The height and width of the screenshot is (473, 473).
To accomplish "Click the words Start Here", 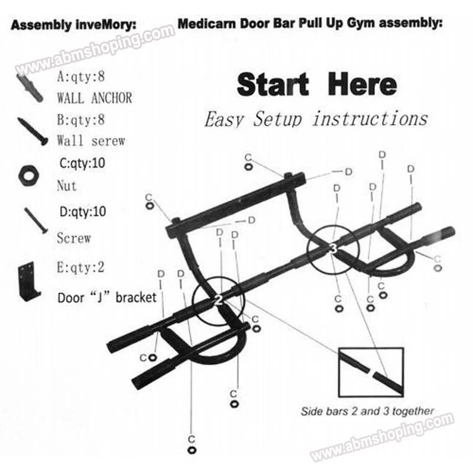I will tap(316, 85).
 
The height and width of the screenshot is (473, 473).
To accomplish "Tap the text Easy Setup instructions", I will tap(316, 119).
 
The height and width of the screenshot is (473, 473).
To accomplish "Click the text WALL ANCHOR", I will tap(94, 97).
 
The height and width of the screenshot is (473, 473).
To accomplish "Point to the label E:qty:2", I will tap(80, 267).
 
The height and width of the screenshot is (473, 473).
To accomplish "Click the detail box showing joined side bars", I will tap(371, 372).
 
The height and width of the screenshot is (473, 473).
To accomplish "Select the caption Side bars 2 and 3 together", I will tap(368, 411).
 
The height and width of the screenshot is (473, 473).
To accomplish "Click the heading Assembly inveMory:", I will tap(74, 25).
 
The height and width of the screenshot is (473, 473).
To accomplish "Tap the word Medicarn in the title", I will tap(205, 25).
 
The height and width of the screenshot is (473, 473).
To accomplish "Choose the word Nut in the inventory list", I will tap(67, 186).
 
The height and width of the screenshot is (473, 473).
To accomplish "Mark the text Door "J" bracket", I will tap(108, 297).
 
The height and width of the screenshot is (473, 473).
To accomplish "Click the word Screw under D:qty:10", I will tap(74, 238).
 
